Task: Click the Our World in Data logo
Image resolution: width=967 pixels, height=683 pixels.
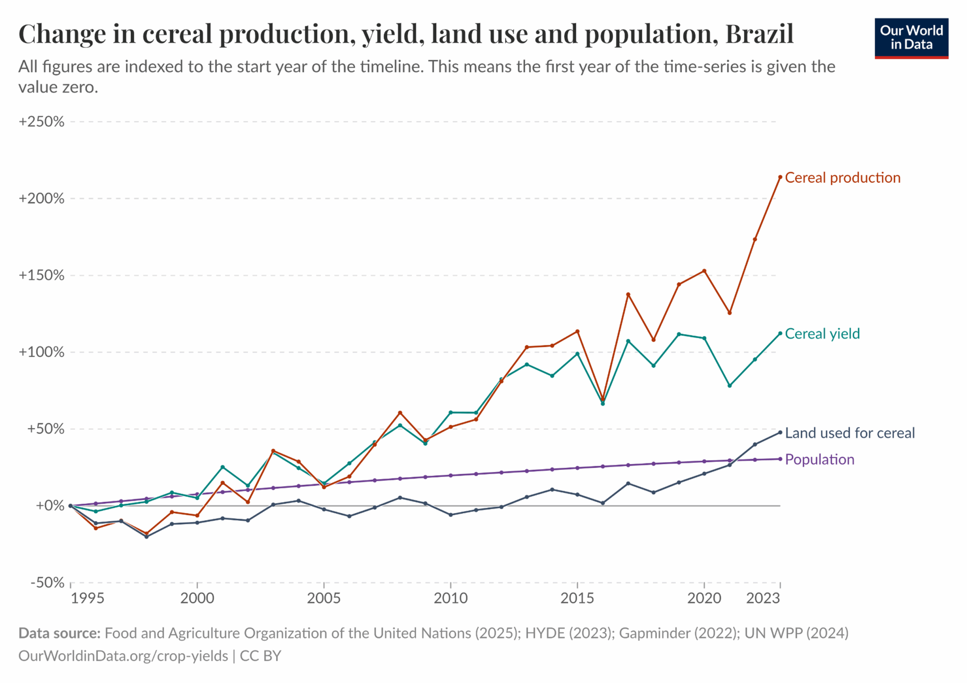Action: pyautogui.click(x=911, y=38)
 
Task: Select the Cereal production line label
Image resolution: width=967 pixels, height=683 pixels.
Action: pyautogui.click(x=842, y=178)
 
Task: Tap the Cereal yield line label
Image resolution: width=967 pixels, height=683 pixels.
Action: pyautogui.click(x=822, y=334)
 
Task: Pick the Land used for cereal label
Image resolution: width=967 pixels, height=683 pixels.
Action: pyautogui.click(x=850, y=433)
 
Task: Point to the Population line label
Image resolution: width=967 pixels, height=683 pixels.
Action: pyautogui.click(x=820, y=459)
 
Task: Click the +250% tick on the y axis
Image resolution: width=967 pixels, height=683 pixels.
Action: pyautogui.click(x=41, y=122)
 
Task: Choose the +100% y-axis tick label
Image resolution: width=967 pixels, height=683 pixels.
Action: pyautogui.click(x=41, y=352)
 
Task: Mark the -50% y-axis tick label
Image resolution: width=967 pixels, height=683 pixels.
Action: pyautogui.click(x=47, y=583)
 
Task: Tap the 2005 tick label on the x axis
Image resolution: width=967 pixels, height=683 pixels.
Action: pyautogui.click(x=323, y=598)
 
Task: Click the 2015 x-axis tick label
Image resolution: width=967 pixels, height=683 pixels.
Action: pyautogui.click(x=577, y=598)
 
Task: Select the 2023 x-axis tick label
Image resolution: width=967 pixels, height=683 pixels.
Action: pyautogui.click(x=763, y=598)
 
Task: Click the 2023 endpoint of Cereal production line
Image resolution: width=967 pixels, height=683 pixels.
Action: pyautogui.click(x=780, y=177)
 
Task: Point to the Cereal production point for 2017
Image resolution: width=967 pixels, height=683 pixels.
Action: pyautogui.click(x=628, y=294)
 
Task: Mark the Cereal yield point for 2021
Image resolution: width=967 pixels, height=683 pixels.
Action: pyautogui.click(x=729, y=386)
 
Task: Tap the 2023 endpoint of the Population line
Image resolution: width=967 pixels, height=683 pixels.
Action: pyautogui.click(x=780, y=459)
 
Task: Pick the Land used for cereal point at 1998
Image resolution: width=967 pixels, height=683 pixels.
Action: pyautogui.click(x=147, y=537)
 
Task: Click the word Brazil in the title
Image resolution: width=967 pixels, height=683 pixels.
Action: pyautogui.click(x=759, y=34)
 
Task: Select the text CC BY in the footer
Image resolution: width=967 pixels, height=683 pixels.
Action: pyautogui.click(x=260, y=656)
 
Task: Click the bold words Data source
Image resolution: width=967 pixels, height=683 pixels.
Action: pyautogui.click(x=59, y=633)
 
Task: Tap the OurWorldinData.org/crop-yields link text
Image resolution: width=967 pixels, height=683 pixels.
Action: pyautogui.click(x=124, y=656)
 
